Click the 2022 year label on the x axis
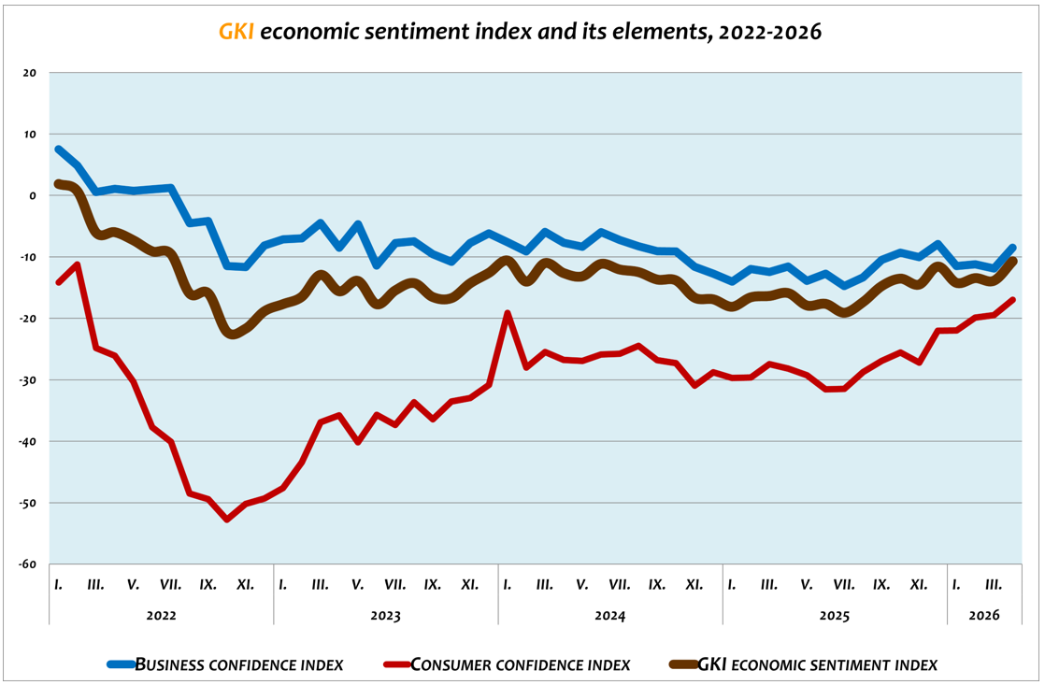pos(161,616)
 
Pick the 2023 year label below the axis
pos(385,616)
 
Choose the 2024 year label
pos(609,616)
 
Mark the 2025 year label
pos(834,616)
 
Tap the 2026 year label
pos(983,616)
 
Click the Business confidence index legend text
pos(239,665)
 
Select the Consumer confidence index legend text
pos(521,665)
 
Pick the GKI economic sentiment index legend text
pos(817,665)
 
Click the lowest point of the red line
pos(227,520)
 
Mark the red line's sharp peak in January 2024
pos(508,313)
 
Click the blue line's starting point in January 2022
pos(59,150)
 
